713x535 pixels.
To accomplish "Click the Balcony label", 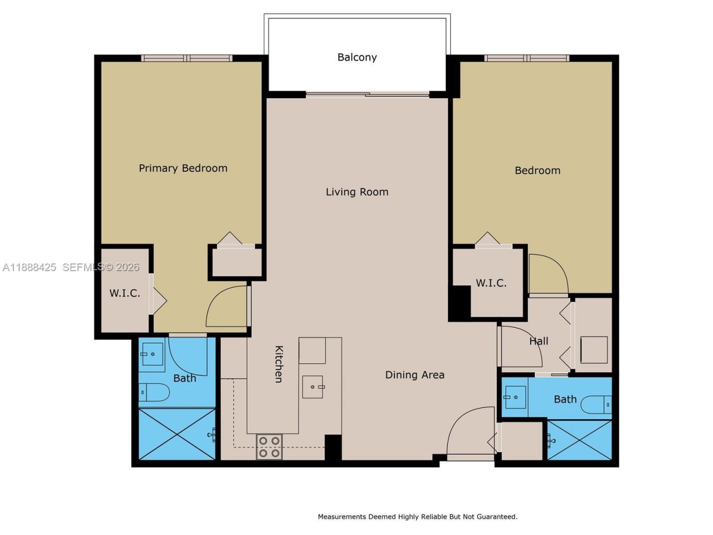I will coord(357,57).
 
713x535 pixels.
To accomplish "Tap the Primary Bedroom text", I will coord(183,168).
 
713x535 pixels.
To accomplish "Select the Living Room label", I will coord(357,192).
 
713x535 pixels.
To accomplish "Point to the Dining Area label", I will coord(415,375).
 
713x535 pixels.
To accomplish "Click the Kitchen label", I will coord(279,364).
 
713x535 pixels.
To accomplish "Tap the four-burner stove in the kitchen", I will coord(269,447).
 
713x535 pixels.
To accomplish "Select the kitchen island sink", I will coord(313,387).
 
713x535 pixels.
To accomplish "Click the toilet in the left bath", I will coord(154,392).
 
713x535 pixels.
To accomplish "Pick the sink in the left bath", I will coord(152,354).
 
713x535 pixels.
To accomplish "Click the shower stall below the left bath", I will coord(177,434).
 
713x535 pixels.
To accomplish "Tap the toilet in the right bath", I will coord(596,404).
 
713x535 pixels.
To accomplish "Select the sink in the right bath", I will coord(515,397).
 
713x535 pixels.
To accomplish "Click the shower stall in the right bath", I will coord(579,440).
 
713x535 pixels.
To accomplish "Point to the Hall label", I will coord(539,341).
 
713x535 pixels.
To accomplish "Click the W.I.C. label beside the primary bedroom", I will coord(125,293).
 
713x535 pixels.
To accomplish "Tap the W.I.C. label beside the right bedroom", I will coord(491,283).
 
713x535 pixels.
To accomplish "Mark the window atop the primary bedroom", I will coord(187,58).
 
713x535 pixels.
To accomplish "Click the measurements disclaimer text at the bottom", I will coord(417,517).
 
